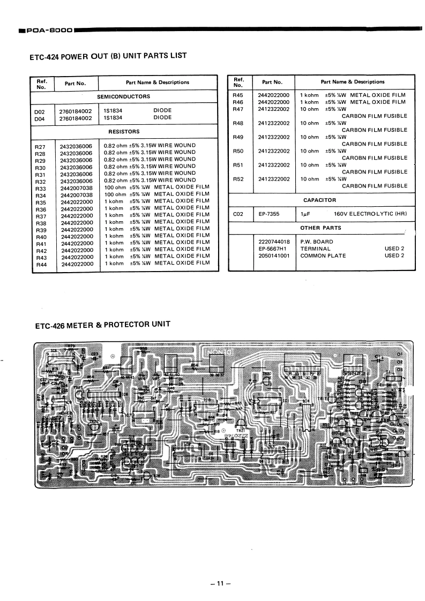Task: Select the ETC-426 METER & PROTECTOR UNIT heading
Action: click(x=102, y=325)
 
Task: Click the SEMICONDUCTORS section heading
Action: click(x=123, y=96)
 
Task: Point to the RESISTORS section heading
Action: click(x=124, y=131)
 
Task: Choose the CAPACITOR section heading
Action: click(x=319, y=200)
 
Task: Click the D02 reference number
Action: click(x=39, y=111)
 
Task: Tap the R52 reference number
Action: click(x=238, y=179)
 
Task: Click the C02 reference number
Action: click(x=238, y=214)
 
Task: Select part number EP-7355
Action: click(x=270, y=214)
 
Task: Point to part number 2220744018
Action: click(x=274, y=242)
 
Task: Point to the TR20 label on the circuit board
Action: click(x=267, y=373)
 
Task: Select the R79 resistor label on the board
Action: click(x=71, y=346)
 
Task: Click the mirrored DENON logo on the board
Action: click(x=215, y=353)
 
